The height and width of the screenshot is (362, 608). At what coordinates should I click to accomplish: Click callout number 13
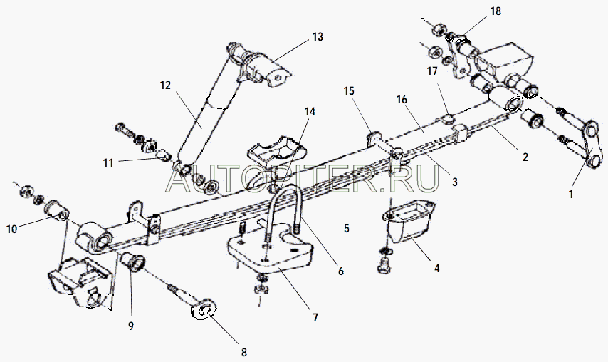(318, 37)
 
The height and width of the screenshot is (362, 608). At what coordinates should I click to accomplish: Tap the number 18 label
(496, 11)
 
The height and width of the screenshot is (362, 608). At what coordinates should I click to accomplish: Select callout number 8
(244, 352)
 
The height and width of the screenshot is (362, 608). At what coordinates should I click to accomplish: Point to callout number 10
(11, 229)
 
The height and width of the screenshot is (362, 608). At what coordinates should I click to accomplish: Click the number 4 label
(437, 268)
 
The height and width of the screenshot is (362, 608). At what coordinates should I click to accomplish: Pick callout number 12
(165, 86)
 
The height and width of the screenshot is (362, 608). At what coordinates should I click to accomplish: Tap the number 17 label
(432, 71)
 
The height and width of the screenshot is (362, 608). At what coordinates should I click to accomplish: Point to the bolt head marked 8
(203, 310)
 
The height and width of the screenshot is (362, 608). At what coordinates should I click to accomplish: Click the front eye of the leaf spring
(94, 237)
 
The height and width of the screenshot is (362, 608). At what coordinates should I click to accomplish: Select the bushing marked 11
(163, 155)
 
